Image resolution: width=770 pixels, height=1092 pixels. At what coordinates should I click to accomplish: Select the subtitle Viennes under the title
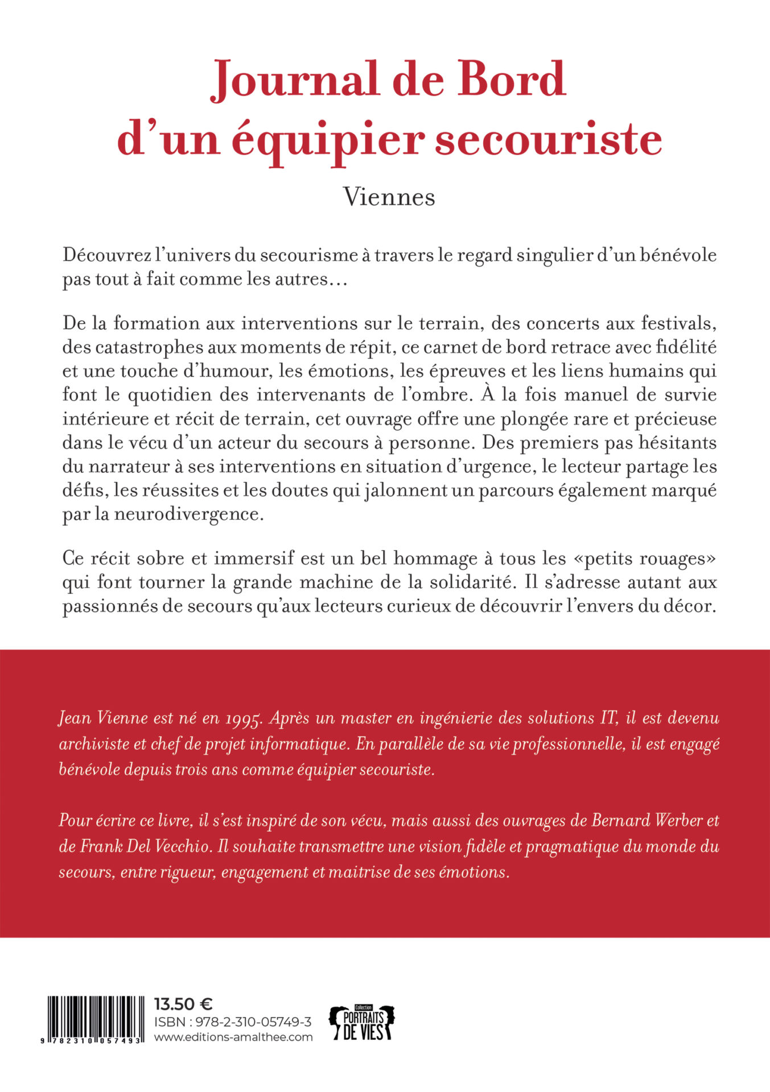click(x=389, y=197)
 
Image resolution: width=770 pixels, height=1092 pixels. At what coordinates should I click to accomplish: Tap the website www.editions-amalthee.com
click(x=233, y=1037)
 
